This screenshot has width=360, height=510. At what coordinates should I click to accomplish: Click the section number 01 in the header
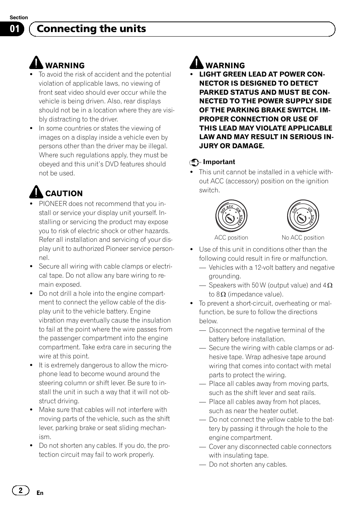point(14,29)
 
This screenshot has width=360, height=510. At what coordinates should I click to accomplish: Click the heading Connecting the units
point(91,29)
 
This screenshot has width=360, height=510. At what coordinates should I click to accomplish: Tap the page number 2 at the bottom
point(20,490)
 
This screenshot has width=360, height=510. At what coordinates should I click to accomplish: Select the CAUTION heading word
point(64,194)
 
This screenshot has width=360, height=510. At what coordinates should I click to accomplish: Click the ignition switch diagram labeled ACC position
point(231,216)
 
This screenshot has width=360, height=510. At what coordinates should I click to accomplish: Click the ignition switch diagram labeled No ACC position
point(303,216)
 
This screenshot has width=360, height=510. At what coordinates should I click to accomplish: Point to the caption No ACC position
point(303,238)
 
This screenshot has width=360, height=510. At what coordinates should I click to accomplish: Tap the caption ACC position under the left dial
point(231,238)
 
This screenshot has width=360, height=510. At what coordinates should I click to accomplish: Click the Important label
point(219,162)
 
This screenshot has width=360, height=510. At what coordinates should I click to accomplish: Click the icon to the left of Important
point(194,162)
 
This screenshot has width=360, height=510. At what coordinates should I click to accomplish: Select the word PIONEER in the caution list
point(53,204)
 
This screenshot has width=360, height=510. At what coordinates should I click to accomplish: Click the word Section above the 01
point(19,17)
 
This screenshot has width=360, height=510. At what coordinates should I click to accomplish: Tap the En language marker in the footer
point(40,493)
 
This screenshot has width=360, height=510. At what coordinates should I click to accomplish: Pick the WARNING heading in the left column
point(65,66)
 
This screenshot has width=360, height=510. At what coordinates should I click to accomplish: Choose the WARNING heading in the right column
point(225,66)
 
